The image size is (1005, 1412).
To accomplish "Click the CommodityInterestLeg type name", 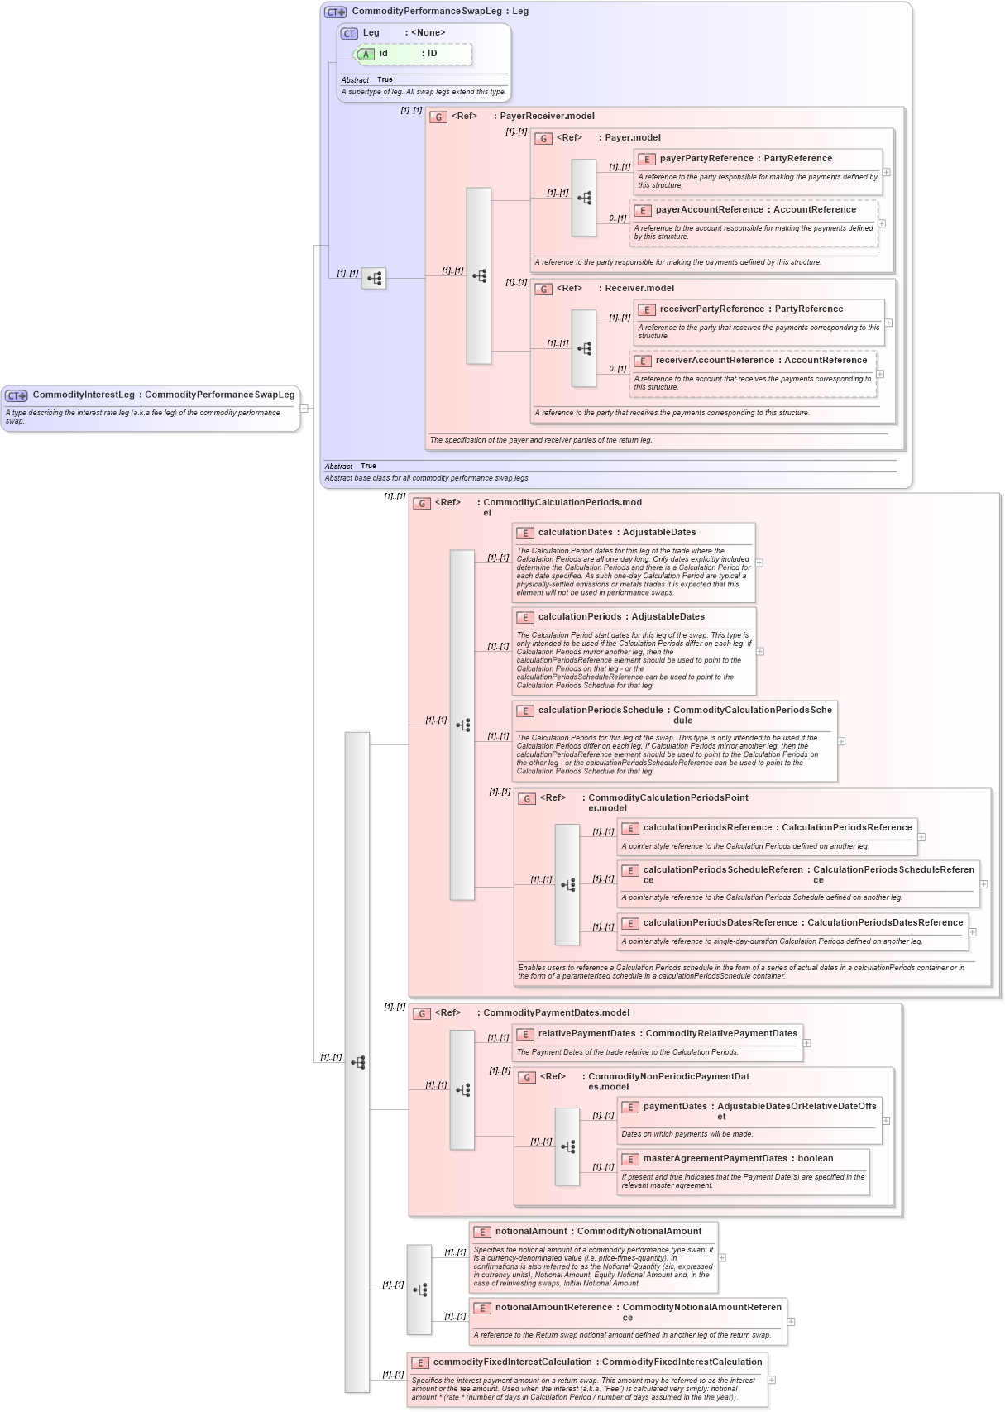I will tap(83, 395).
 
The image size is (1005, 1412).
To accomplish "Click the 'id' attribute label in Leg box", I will tap(383, 54).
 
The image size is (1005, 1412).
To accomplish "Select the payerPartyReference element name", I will tap(706, 159).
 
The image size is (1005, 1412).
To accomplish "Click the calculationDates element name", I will tap(575, 533).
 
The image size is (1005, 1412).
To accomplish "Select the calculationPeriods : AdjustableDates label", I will tap(621, 617).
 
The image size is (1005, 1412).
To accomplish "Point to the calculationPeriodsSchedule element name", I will tap(601, 711).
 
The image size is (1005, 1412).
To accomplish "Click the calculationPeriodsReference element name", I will tap(707, 828).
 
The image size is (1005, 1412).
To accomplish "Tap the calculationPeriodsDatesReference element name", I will tap(720, 923).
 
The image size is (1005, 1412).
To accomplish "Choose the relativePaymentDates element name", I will tap(586, 1034).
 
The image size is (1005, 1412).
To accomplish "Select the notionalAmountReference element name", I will tap(553, 1308).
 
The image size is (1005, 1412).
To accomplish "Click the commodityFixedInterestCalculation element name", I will tap(512, 1362).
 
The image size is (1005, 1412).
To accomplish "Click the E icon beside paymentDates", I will tap(630, 1108).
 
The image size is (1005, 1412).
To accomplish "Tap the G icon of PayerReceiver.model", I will tap(438, 117).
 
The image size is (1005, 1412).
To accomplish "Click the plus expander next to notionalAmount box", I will tap(722, 1257).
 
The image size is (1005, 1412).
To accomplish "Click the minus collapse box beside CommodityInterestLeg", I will tap(304, 408).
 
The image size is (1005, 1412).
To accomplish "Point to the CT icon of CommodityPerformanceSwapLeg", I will tap(335, 12).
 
